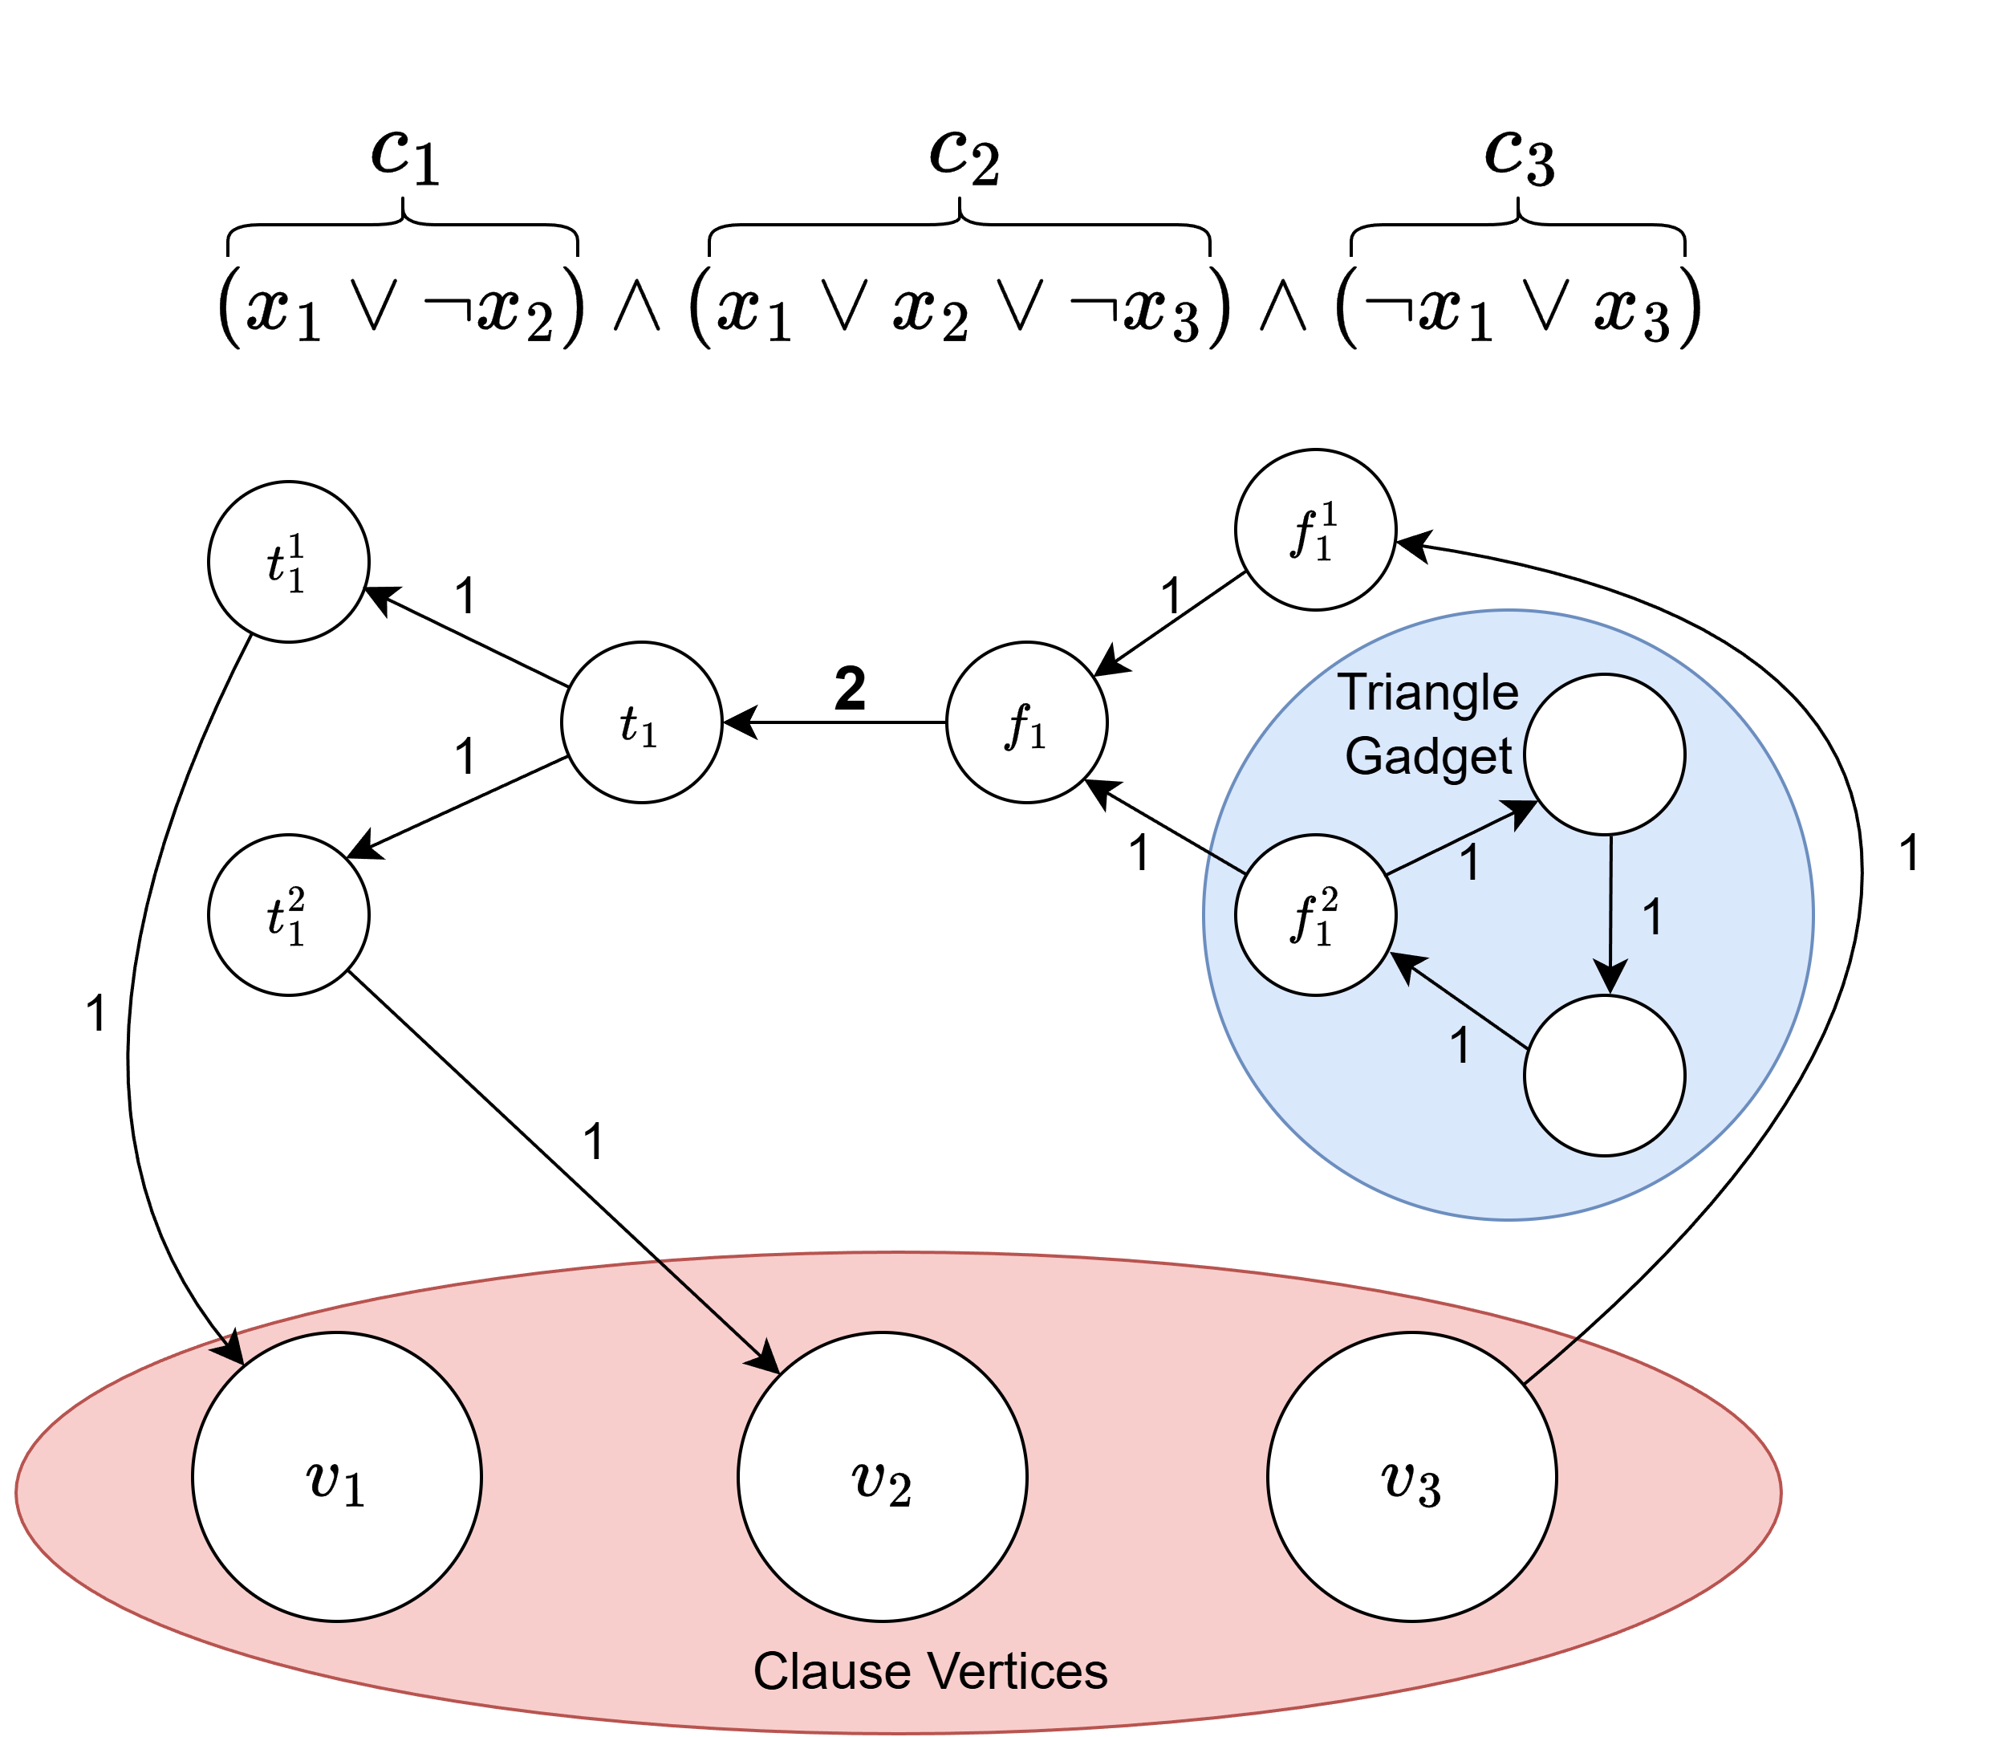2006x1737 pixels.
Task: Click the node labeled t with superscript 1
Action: click(x=288, y=561)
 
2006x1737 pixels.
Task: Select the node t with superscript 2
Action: click(x=288, y=914)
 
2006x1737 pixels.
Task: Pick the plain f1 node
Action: click(x=1026, y=722)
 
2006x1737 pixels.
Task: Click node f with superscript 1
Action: click(x=1315, y=529)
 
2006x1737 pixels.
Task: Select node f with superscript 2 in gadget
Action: click(x=1315, y=914)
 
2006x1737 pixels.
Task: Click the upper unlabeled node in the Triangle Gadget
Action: click(x=1604, y=755)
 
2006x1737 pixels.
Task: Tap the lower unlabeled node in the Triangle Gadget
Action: click(x=1604, y=1075)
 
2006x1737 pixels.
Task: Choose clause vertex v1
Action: click(x=336, y=1476)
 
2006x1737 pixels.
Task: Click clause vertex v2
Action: click(x=882, y=1476)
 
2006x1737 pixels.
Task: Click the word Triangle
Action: click(x=1427, y=692)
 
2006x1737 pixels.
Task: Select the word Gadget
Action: click(x=1427, y=756)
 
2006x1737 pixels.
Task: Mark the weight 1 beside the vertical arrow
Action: click(x=1653, y=917)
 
